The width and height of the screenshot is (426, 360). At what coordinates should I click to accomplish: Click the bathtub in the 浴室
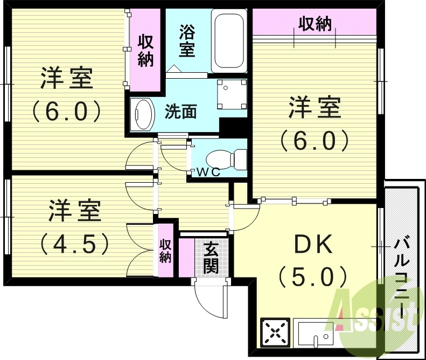click(229, 40)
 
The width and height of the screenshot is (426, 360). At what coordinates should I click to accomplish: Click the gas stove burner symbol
click(275, 331)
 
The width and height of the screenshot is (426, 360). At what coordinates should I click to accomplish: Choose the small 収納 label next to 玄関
click(165, 251)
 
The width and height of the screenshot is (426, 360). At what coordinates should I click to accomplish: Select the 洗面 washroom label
click(180, 112)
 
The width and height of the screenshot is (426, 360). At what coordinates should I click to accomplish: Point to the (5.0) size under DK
click(312, 278)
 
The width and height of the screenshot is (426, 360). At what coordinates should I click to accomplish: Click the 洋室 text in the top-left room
click(67, 79)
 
